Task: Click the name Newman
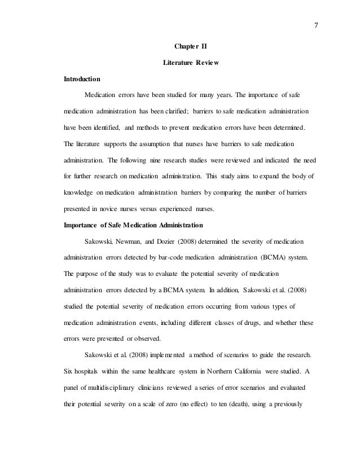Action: [131, 241]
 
